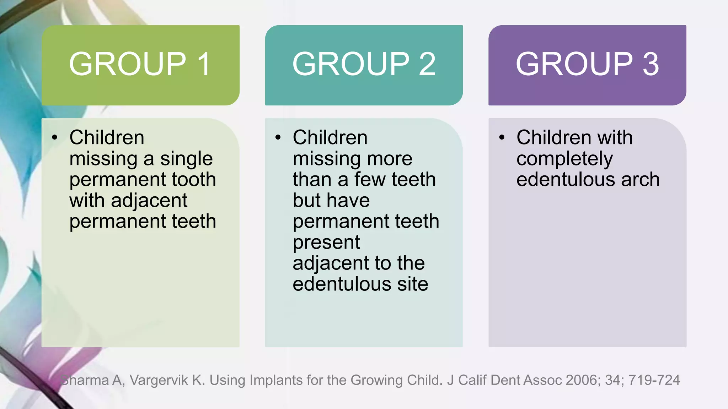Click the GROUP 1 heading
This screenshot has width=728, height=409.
(x=140, y=64)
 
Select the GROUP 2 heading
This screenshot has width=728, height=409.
(x=364, y=64)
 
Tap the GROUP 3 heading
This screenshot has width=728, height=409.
(x=587, y=64)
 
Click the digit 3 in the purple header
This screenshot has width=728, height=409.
(x=651, y=64)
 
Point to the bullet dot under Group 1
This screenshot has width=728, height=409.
(x=54, y=137)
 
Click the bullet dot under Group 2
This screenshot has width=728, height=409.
(x=278, y=137)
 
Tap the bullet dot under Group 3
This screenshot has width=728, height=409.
(x=502, y=137)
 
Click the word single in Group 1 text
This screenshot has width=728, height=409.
(x=186, y=159)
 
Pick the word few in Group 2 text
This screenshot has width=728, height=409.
(x=370, y=179)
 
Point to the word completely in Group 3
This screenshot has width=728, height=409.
(x=564, y=159)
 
